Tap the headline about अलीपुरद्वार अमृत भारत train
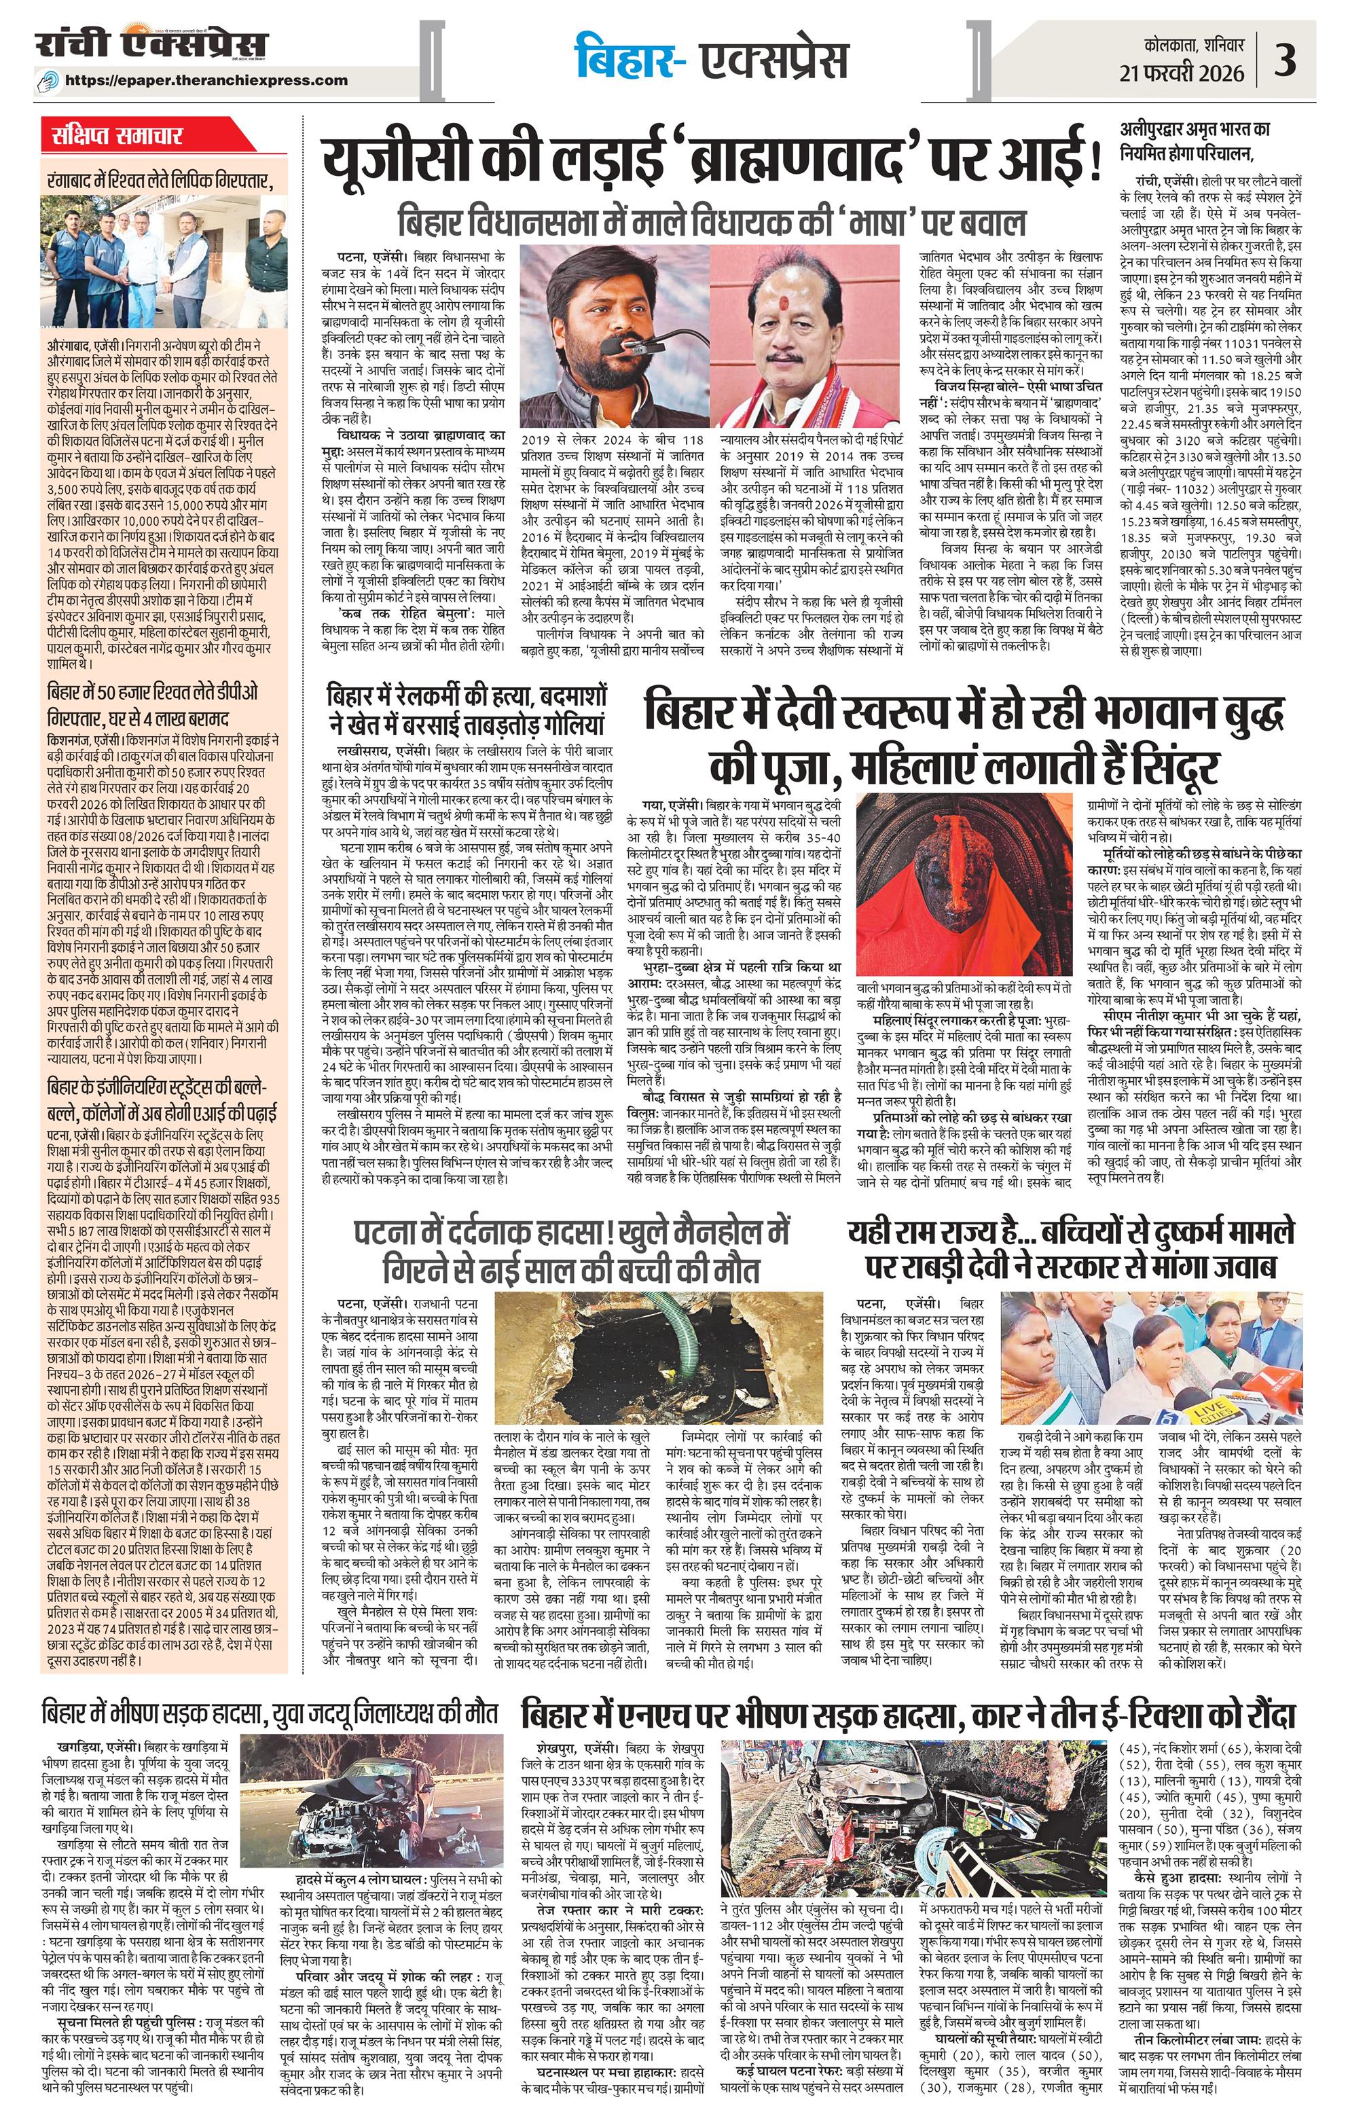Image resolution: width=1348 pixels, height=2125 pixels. pyautogui.click(x=1198, y=141)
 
